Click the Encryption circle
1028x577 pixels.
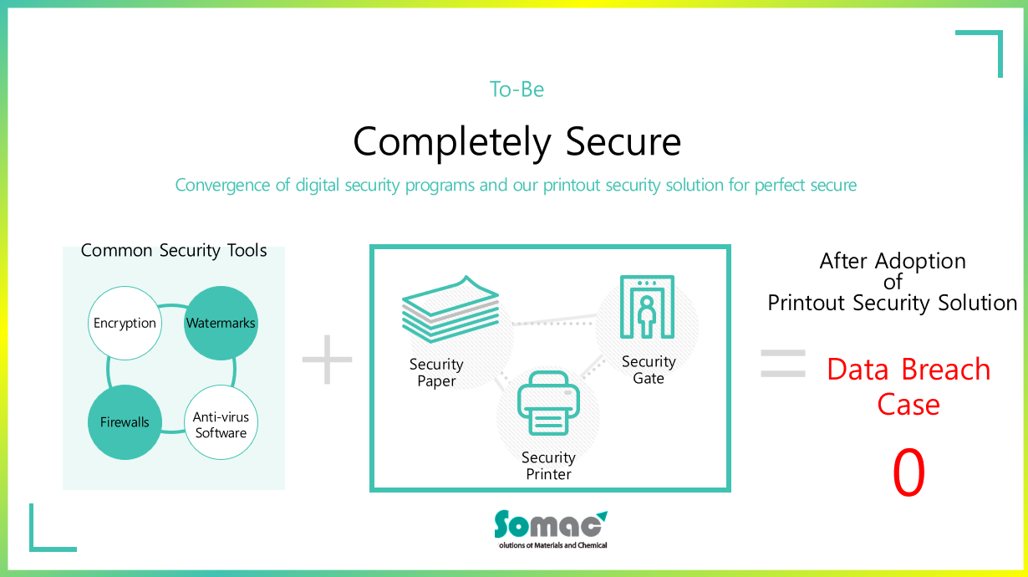pos(125,323)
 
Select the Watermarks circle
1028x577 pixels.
pos(221,323)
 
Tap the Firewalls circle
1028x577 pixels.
pos(125,422)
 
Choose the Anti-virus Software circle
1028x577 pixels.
pos(221,422)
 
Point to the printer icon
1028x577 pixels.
pos(548,402)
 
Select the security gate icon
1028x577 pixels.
pos(647,307)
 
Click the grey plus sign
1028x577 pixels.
pos(328,360)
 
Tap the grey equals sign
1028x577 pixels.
pos(783,364)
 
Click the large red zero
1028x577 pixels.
pos(908,472)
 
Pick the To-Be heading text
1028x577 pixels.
pos(517,89)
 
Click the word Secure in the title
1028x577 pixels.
pos(623,142)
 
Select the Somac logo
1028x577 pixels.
pos(551,529)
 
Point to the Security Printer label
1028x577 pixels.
pos(548,466)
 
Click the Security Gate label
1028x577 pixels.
pos(649,370)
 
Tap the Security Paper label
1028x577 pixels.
pos(436,372)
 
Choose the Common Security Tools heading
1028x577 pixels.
pos(174,251)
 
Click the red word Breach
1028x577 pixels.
pos(946,369)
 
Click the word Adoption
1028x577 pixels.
pos(920,261)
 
